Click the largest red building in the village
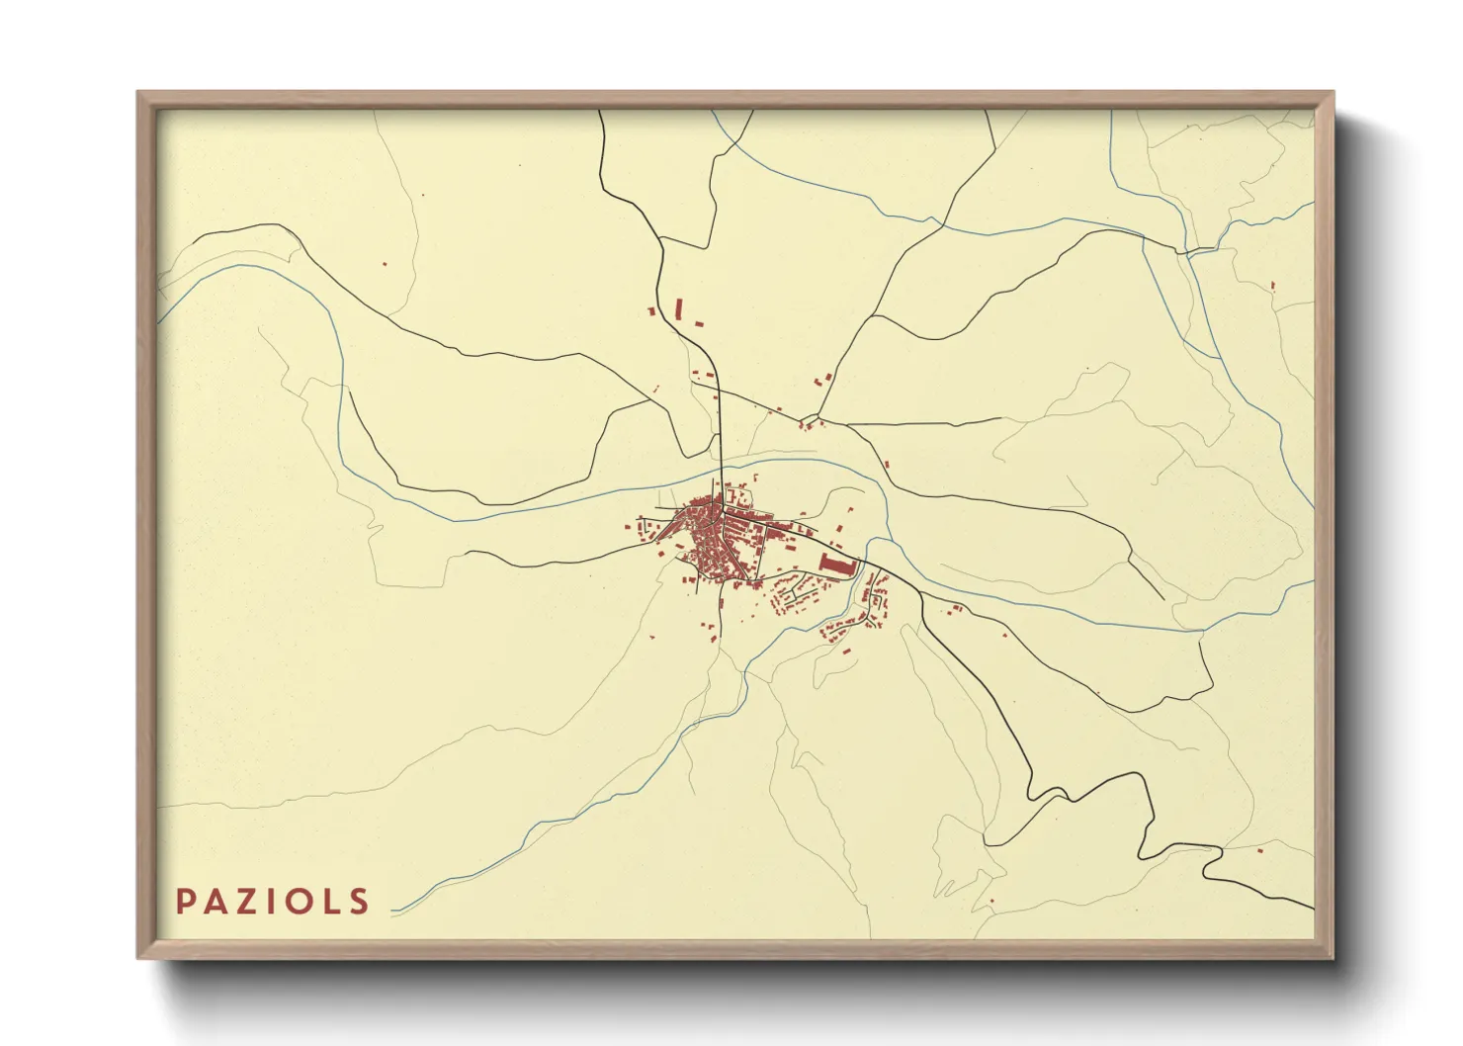(x=836, y=565)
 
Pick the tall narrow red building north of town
(x=679, y=307)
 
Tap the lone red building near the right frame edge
(x=1272, y=286)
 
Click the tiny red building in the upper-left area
(x=385, y=264)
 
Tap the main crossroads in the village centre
(x=723, y=512)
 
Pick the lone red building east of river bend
(x=887, y=464)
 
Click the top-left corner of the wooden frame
(x=139, y=93)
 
